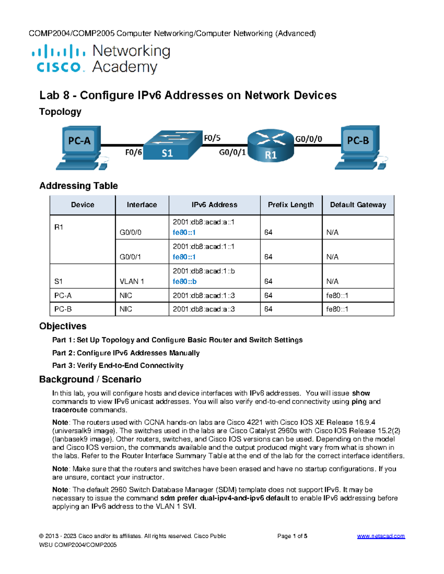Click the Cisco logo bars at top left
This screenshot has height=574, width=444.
point(58,52)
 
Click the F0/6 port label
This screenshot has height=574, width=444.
point(133,152)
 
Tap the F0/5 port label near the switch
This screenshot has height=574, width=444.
point(212,138)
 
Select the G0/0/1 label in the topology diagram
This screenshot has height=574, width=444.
point(232,152)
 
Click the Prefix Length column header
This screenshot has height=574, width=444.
point(291,205)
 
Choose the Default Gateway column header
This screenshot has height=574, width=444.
point(358,205)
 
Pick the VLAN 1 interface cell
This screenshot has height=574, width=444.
point(132,281)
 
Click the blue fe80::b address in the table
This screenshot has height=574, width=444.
point(185,281)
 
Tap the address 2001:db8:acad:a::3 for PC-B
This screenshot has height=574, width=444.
point(204,309)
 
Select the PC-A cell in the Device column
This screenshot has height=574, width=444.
point(63,295)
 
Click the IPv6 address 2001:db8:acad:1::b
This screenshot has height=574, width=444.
point(204,271)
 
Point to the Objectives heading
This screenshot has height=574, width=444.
point(63,326)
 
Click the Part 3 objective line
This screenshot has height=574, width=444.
point(118,366)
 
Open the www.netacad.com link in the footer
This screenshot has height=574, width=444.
point(381,536)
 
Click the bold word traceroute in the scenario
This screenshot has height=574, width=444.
point(70,410)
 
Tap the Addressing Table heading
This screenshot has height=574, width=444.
point(78,186)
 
